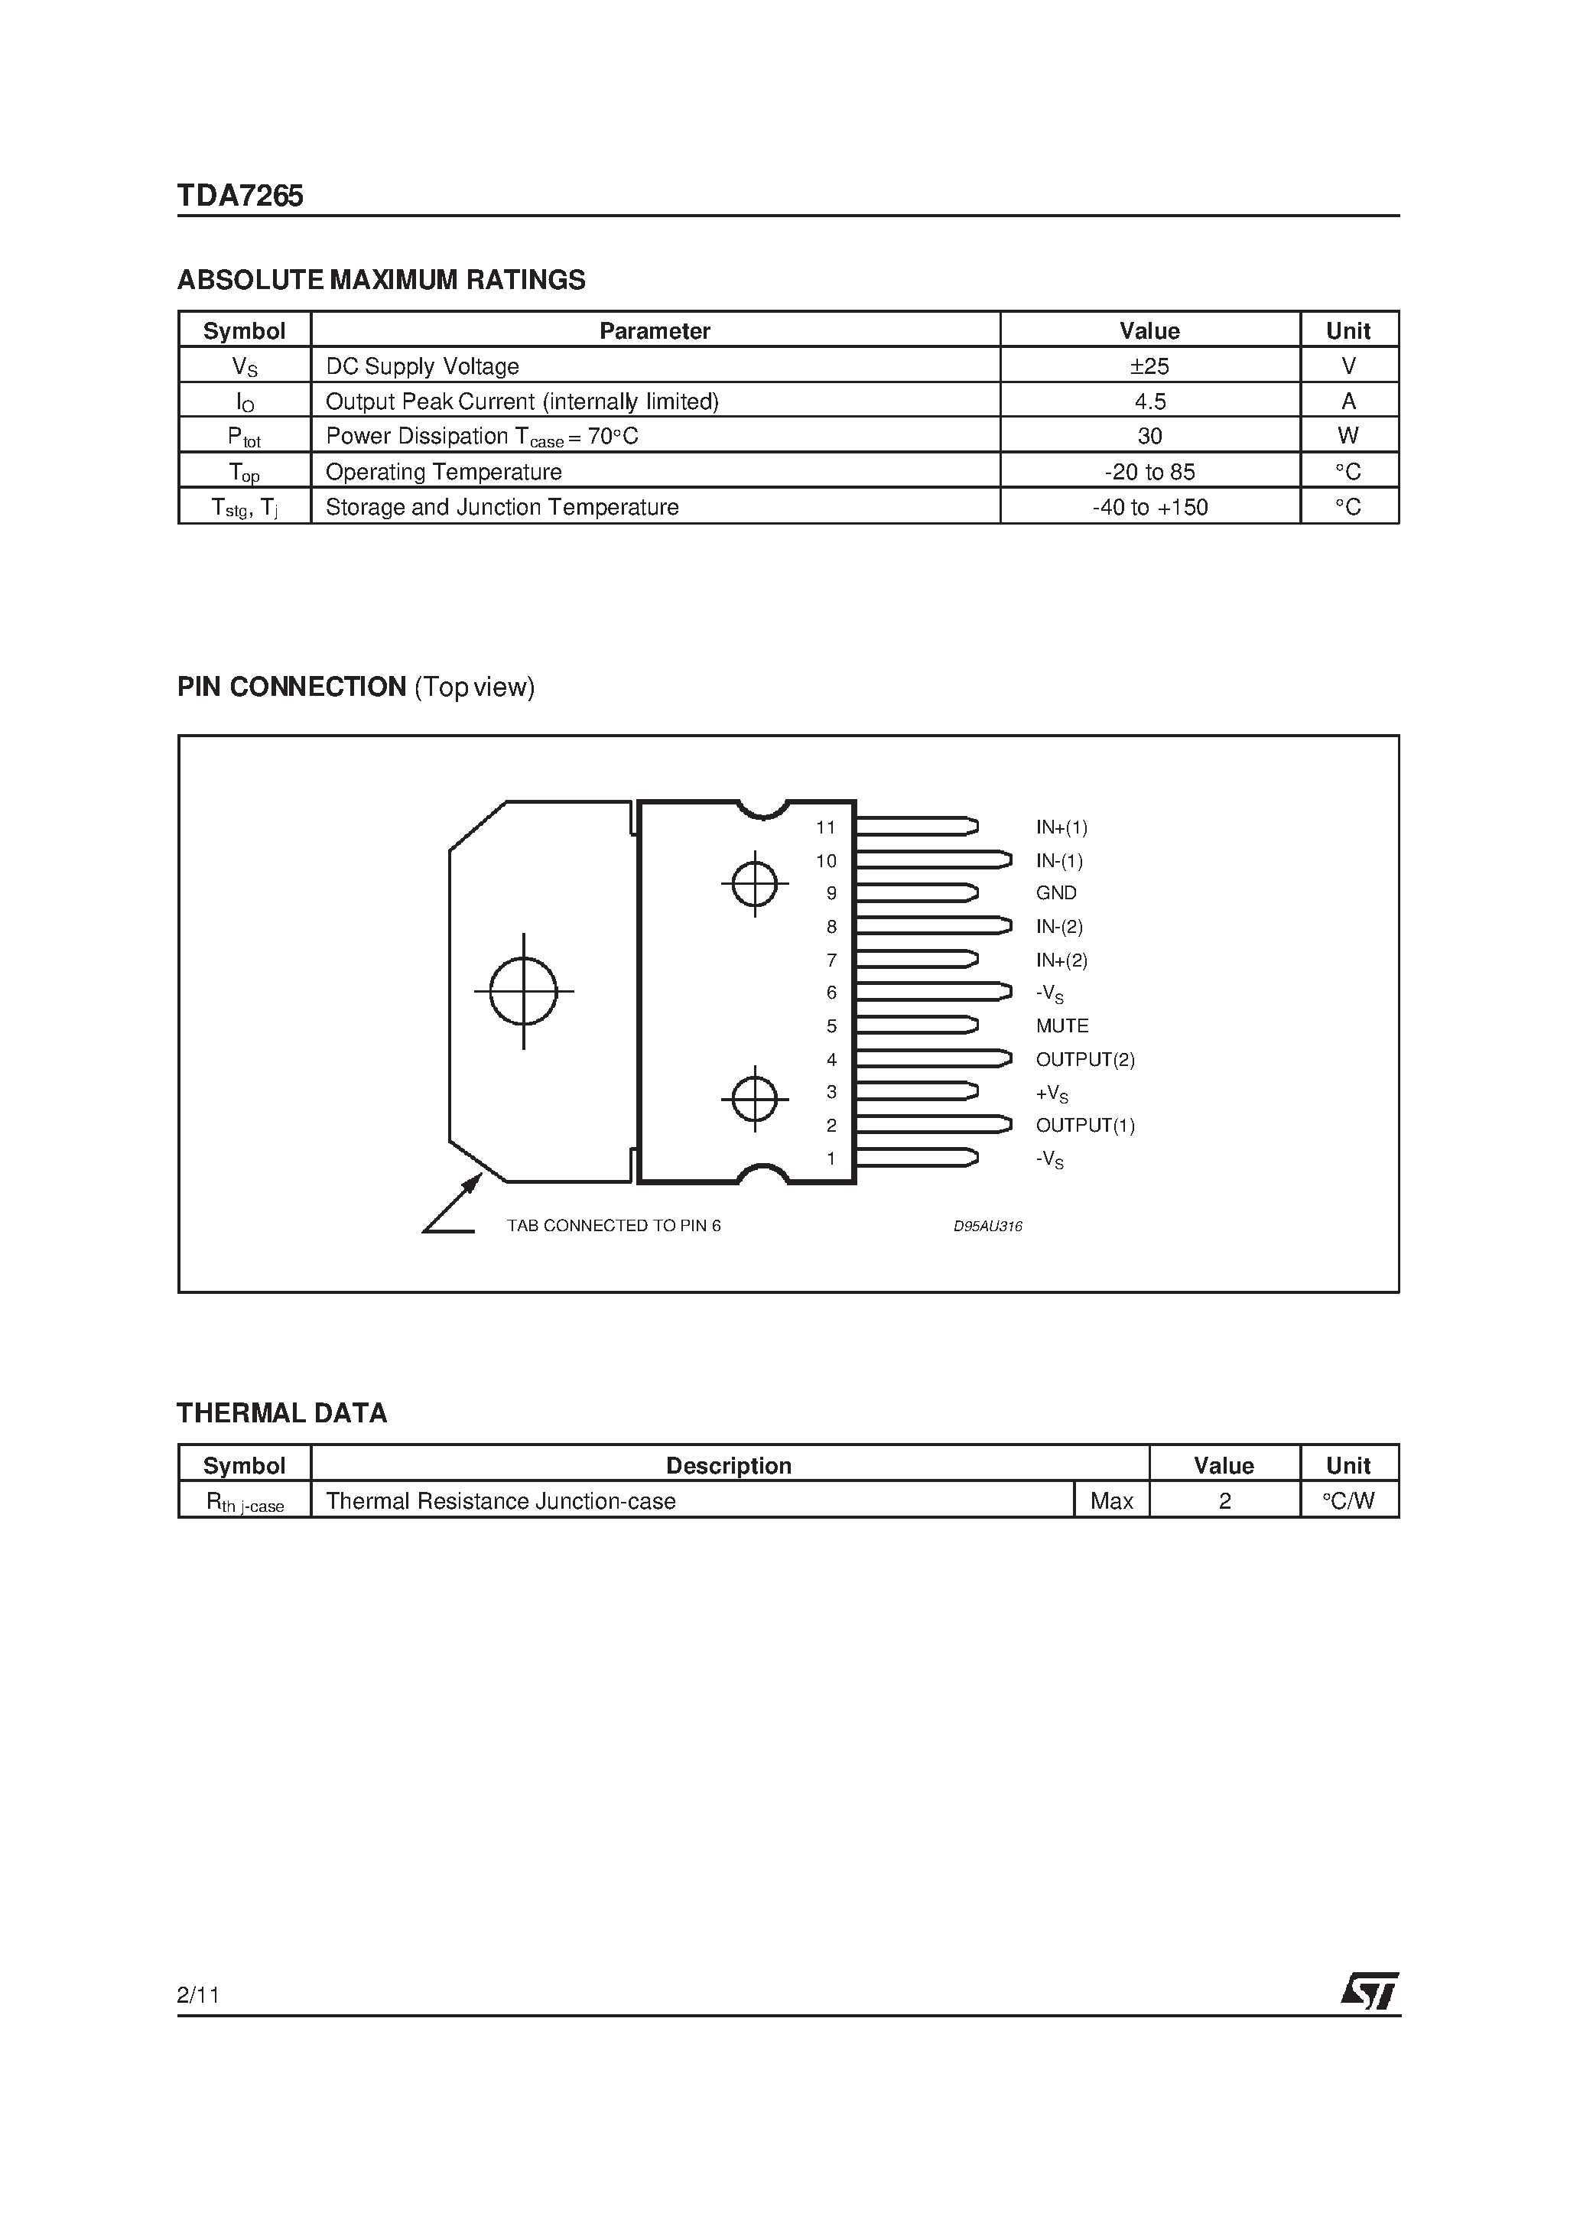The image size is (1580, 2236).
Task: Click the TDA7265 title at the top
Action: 239,197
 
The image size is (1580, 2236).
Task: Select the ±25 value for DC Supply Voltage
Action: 1149,366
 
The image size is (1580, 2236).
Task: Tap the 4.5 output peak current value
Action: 1149,401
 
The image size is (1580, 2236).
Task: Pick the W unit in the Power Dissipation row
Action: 1348,437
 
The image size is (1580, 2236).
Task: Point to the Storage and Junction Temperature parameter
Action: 502,508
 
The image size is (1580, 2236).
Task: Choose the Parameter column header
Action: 655,331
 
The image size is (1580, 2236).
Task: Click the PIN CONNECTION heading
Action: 292,687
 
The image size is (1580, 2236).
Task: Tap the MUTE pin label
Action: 1061,1025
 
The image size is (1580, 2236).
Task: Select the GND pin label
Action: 1056,893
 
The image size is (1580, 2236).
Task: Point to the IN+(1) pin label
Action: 1061,827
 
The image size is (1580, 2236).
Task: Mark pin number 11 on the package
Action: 826,827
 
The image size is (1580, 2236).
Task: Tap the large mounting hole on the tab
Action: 524,991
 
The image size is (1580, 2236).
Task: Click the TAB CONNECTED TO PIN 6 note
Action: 613,1225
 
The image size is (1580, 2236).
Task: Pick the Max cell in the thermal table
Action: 1111,1500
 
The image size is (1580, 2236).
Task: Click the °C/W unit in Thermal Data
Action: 1348,1500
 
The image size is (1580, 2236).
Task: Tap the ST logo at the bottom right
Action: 1370,1991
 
